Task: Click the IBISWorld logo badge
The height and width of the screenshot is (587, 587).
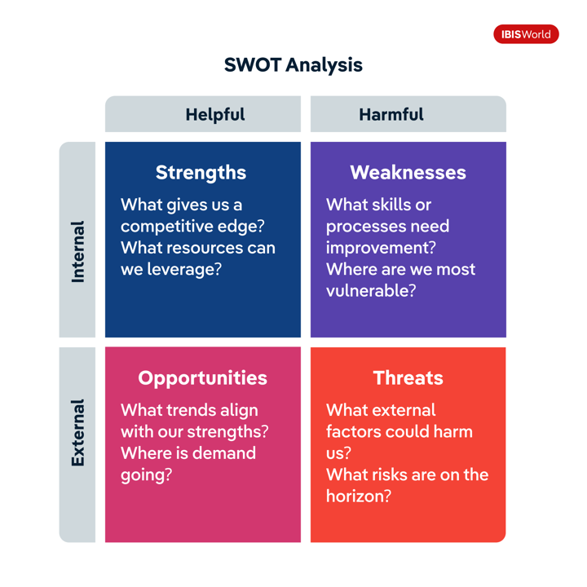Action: tap(526, 34)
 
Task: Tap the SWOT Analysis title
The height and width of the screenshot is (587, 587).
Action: tap(293, 64)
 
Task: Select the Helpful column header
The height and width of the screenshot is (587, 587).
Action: tap(215, 114)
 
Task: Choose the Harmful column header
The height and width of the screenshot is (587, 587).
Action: tap(391, 114)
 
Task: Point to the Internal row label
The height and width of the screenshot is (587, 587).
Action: tap(78, 252)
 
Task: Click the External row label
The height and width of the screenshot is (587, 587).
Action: tap(78, 433)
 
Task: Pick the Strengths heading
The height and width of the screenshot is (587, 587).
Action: tap(201, 173)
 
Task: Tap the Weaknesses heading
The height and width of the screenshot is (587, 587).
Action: tap(408, 173)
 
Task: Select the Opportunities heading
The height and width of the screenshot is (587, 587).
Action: tap(202, 378)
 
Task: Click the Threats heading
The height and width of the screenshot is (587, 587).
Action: tap(408, 377)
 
